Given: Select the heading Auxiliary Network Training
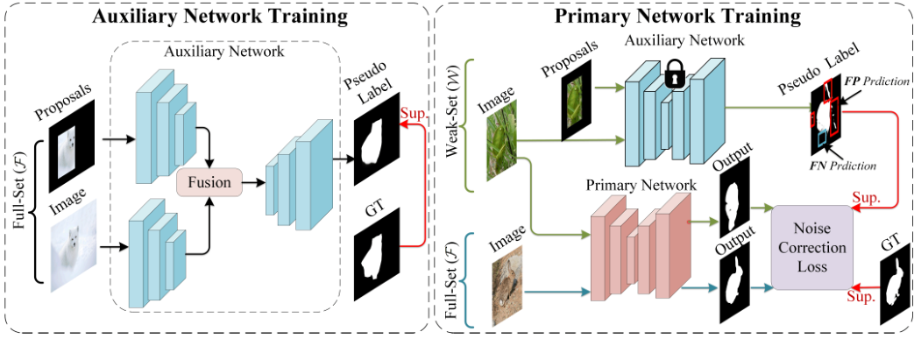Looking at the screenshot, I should click(216, 17).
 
